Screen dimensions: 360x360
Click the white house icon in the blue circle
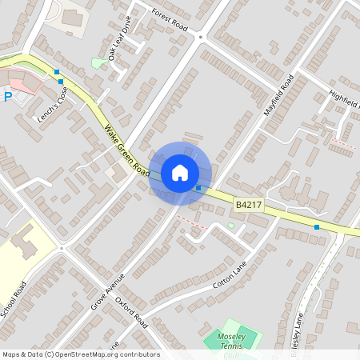[179, 172]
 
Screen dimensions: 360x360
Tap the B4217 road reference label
[249, 206]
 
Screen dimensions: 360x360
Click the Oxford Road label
[132, 313]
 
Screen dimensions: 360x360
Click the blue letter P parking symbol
[8, 97]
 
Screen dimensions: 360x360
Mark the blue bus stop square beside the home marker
[198, 188]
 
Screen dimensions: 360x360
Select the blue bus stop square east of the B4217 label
[317, 227]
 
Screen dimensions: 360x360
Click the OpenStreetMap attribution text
[80, 354]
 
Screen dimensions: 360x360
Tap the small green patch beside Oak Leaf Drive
[97, 62]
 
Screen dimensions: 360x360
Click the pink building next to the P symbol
[24, 83]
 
